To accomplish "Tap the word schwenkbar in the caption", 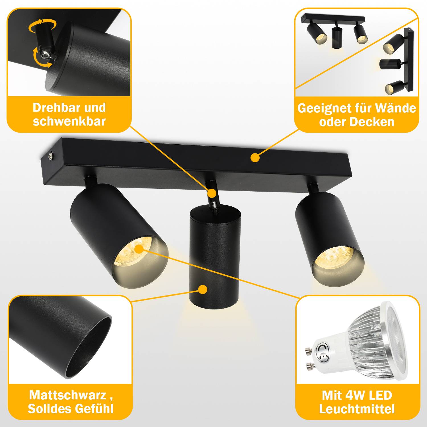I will pos(69,121).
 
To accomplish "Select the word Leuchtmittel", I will pos(357,409).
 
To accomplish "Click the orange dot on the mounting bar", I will pos(255,157).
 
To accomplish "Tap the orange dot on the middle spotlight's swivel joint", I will pos(212,193).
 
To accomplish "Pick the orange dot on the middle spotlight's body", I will pos(203,290).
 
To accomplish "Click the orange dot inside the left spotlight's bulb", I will pos(139,249).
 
